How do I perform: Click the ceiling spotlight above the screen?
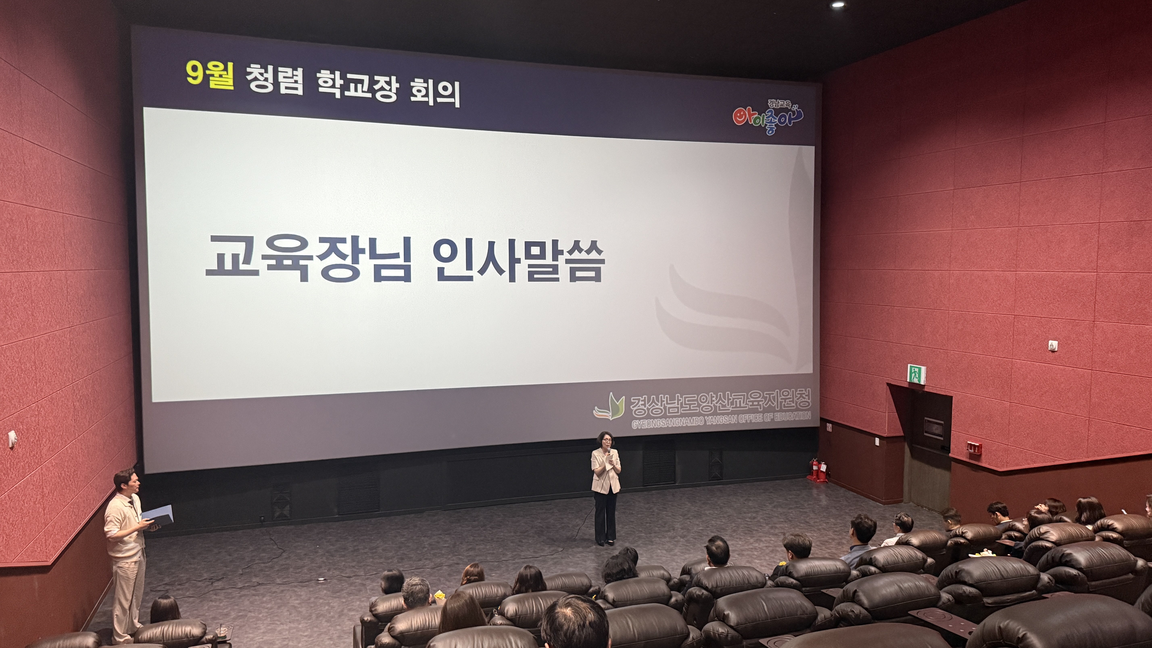tap(838, 4)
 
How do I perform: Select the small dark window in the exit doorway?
tap(933, 428)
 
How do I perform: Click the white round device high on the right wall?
tap(1053, 346)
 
